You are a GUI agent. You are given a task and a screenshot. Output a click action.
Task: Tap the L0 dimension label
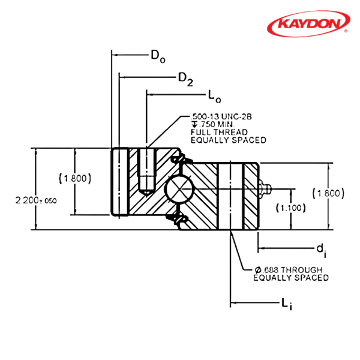[213, 95]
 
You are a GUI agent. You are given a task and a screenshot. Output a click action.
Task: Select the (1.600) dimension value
[328, 193]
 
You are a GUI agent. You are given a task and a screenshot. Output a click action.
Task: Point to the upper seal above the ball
[177, 160]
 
